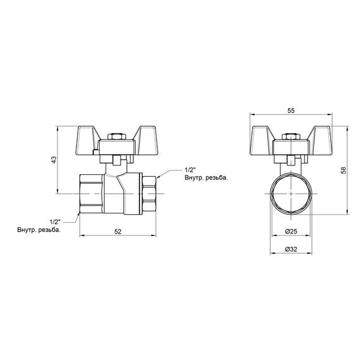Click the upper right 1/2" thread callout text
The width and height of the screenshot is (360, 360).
(x=189, y=170)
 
